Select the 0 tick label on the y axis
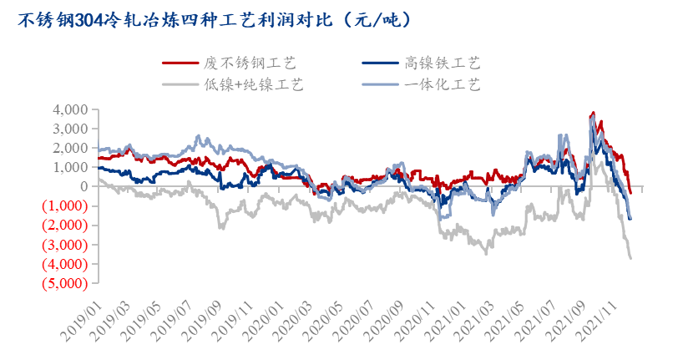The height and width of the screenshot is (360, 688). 84,187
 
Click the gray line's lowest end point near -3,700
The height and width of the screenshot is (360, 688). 630,258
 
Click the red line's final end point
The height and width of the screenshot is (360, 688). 630,194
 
